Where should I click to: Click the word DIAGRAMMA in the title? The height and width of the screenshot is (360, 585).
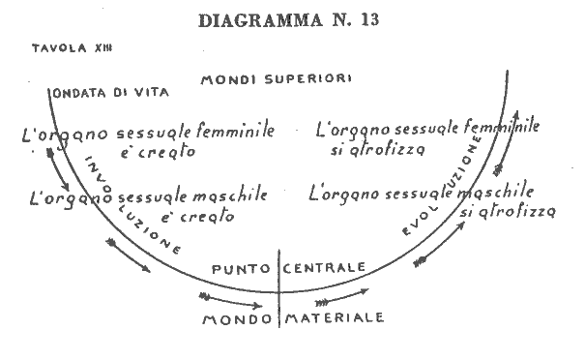[260, 20]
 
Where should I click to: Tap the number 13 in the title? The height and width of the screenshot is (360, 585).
[369, 19]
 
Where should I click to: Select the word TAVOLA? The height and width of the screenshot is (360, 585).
[59, 48]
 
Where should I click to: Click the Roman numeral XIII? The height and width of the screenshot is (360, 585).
[102, 47]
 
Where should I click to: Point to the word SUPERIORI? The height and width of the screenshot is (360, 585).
[307, 78]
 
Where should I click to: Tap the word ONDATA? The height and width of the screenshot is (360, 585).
[79, 93]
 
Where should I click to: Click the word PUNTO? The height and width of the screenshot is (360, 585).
[241, 269]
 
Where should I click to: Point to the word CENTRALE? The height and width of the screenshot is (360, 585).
[324, 267]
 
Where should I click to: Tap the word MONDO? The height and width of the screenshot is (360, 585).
[237, 319]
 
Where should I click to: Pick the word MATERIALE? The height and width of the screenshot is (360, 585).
[335, 317]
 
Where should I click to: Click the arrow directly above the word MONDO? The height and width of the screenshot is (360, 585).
[230, 301]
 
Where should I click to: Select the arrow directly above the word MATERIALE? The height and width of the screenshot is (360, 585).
[341, 296]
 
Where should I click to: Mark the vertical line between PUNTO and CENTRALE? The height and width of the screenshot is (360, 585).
[279, 288]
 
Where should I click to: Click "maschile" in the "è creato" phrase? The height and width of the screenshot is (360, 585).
[230, 195]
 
